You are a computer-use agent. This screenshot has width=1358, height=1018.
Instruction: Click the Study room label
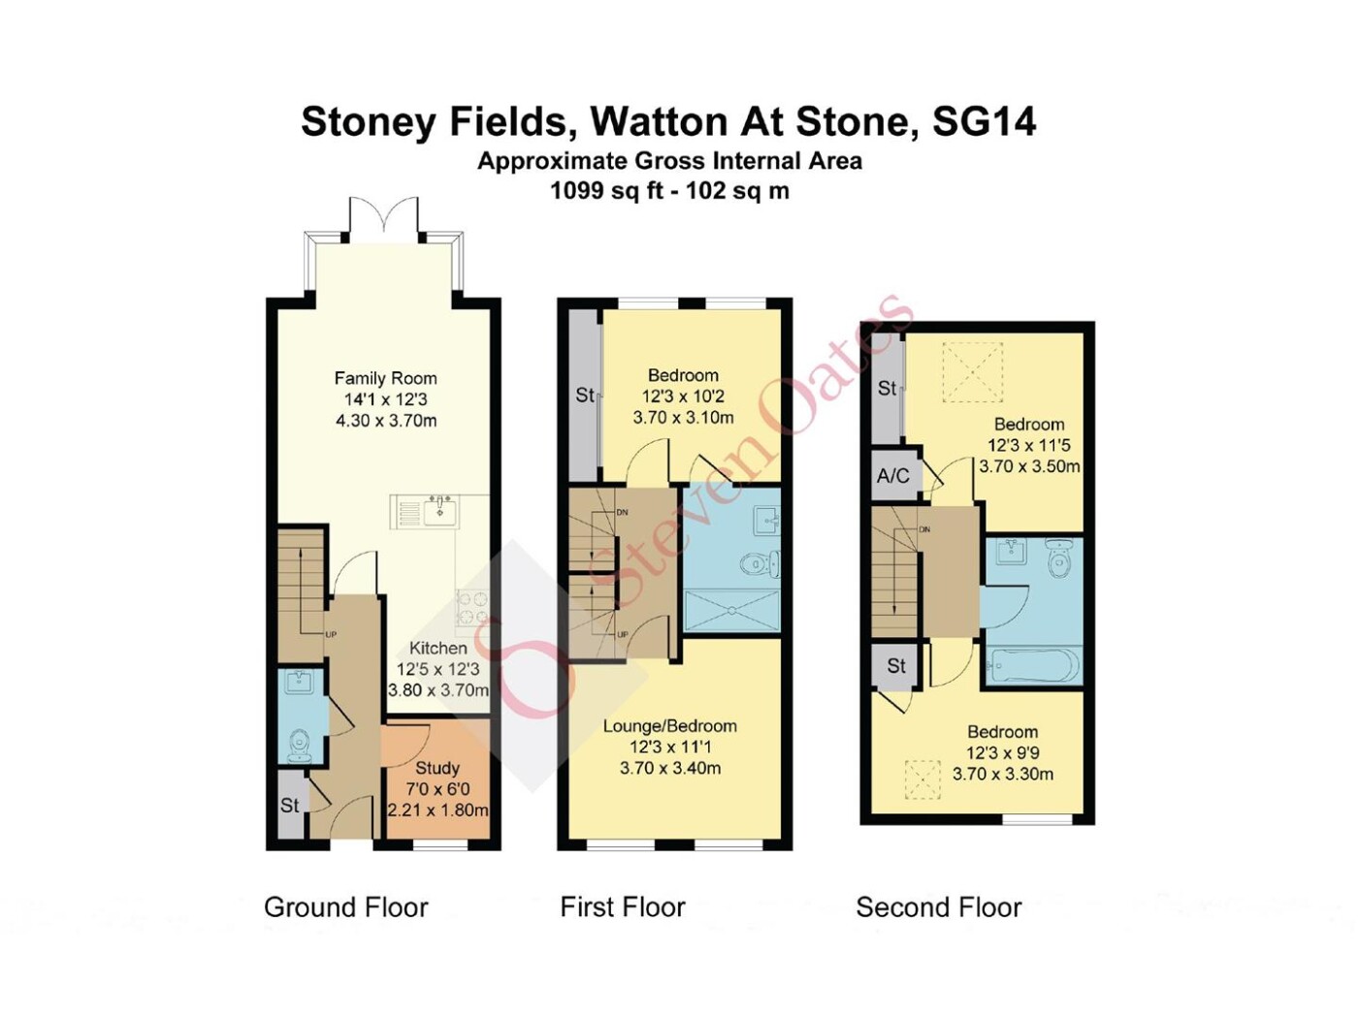click(x=437, y=768)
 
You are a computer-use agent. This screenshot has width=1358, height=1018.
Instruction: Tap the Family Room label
click(x=385, y=378)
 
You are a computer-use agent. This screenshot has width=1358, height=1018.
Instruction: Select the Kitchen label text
click(x=438, y=648)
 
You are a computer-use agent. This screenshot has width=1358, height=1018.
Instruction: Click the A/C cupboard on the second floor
click(x=893, y=475)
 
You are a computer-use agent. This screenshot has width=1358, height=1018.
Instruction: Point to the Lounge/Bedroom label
click(x=669, y=726)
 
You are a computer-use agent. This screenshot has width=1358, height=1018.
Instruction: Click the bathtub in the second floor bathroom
click(x=1033, y=666)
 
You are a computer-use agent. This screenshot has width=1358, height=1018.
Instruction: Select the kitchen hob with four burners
click(x=473, y=608)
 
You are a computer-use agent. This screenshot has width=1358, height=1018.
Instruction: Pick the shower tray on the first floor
click(x=732, y=611)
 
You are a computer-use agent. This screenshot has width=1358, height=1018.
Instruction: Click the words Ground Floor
click(x=346, y=907)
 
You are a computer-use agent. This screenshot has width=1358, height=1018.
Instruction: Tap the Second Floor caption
click(x=938, y=907)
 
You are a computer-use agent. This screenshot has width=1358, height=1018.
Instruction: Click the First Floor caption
click(x=623, y=907)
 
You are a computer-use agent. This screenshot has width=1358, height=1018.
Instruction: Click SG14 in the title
click(x=984, y=122)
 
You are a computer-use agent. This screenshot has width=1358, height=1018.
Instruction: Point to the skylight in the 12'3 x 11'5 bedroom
click(x=973, y=371)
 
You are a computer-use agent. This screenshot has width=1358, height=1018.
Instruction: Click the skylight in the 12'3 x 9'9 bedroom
click(x=921, y=779)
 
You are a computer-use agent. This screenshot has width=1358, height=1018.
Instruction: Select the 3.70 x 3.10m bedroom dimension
click(x=683, y=418)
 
